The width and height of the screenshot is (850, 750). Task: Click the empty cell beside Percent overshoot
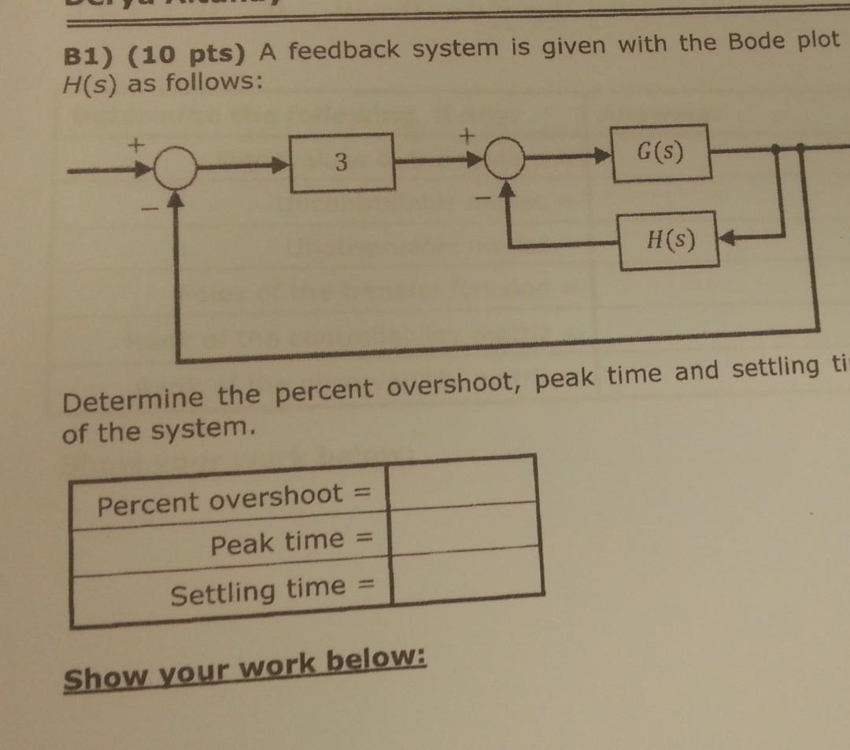tap(463, 479)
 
